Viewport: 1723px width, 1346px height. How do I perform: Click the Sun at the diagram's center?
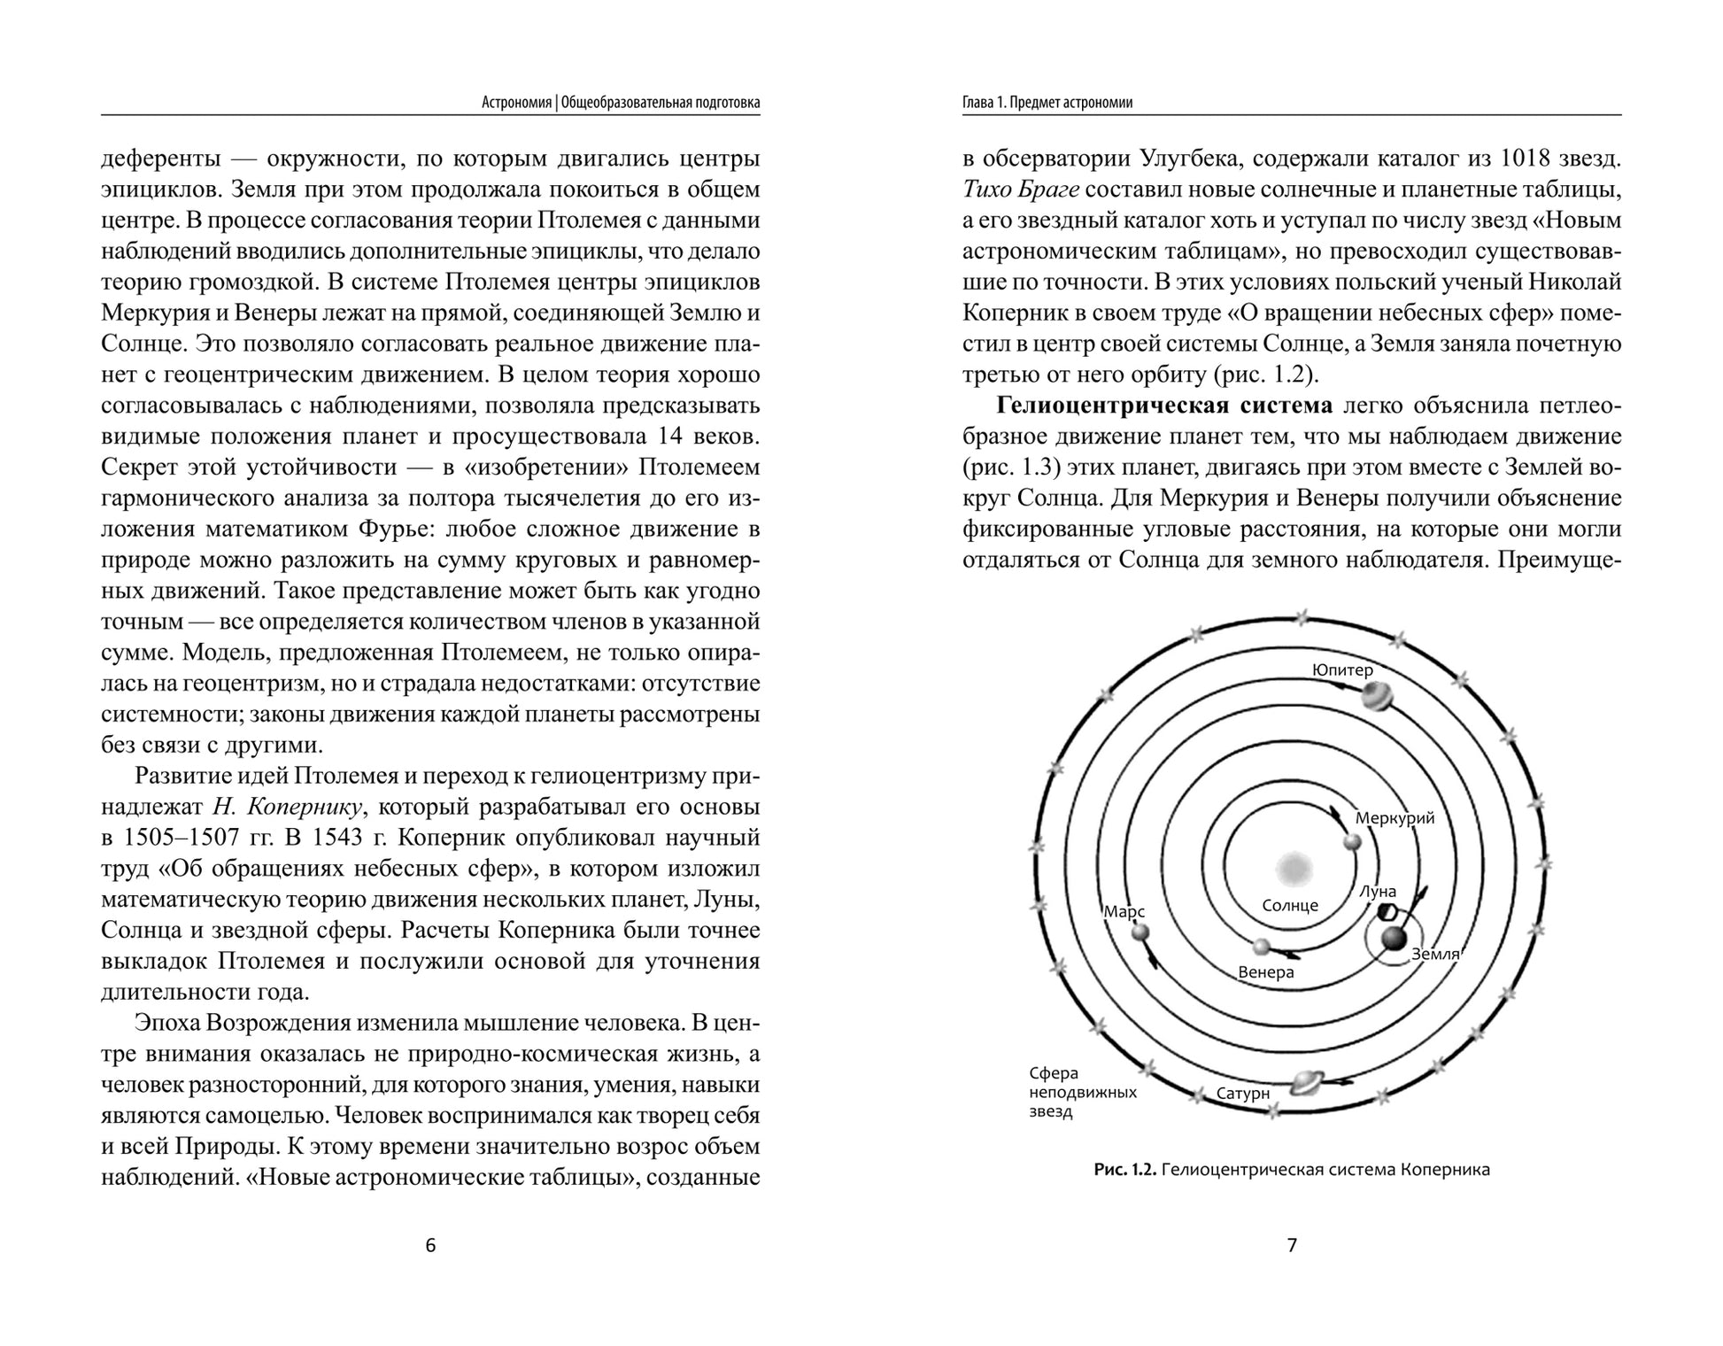[x=1293, y=867]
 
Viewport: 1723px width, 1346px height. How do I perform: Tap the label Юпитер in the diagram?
[x=1341, y=670]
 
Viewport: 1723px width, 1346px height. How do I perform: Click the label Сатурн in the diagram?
[x=1243, y=1094]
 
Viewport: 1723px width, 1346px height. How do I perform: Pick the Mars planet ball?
[x=1140, y=932]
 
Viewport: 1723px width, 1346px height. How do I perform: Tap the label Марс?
[x=1124, y=911]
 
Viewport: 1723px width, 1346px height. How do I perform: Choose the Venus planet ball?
[x=1262, y=947]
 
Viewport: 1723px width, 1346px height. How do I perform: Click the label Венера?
[x=1265, y=972]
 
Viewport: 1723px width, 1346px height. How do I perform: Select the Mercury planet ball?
[x=1351, y=841]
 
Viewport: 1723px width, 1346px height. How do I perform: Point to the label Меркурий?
[x=1395, y=818]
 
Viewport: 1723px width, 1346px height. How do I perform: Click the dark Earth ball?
[x=1395, y=939]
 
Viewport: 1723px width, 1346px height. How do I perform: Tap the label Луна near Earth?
[x=1378, y=892]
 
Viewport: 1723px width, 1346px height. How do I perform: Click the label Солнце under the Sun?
[x=1290, y=905]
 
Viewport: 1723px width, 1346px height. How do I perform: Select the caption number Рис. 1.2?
[x=1124, y=1170]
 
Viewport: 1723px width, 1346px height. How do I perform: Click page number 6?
[x=431, y=1245]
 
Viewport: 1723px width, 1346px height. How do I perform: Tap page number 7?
[x=1292, y=1245]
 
